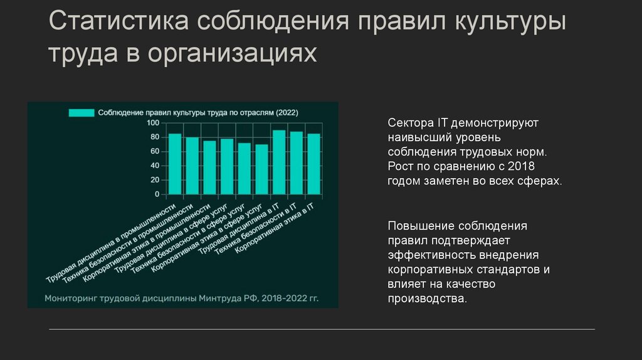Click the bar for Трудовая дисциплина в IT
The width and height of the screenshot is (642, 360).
click(x=279, y=162)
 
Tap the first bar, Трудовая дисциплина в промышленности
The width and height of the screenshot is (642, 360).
click(x=175, y=164)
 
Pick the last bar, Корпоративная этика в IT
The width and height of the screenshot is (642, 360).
click(x=313, y=164)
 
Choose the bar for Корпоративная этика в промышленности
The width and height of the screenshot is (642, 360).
click(x=209, y=167)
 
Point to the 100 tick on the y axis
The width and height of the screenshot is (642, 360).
click(x=153, y=122)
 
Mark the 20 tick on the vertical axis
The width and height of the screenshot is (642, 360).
click(x=155, y=180)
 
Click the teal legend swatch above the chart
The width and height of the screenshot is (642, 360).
click(x=80, y=113)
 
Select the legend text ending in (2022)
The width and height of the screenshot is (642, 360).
click(x=198, y=113)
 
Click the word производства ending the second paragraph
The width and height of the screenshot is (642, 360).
click(x=427, y=299)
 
